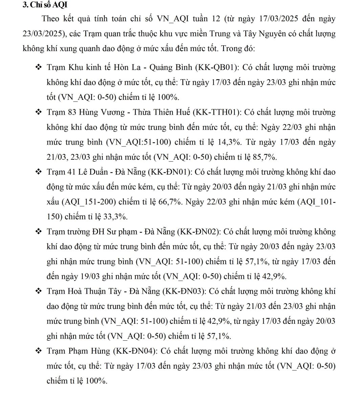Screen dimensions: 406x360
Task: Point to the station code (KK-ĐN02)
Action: [199, 232]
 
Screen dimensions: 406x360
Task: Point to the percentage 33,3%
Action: [115, 217]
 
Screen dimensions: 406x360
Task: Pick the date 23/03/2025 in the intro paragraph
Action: [42, 33]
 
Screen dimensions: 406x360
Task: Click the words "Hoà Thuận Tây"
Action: [96, 291]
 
